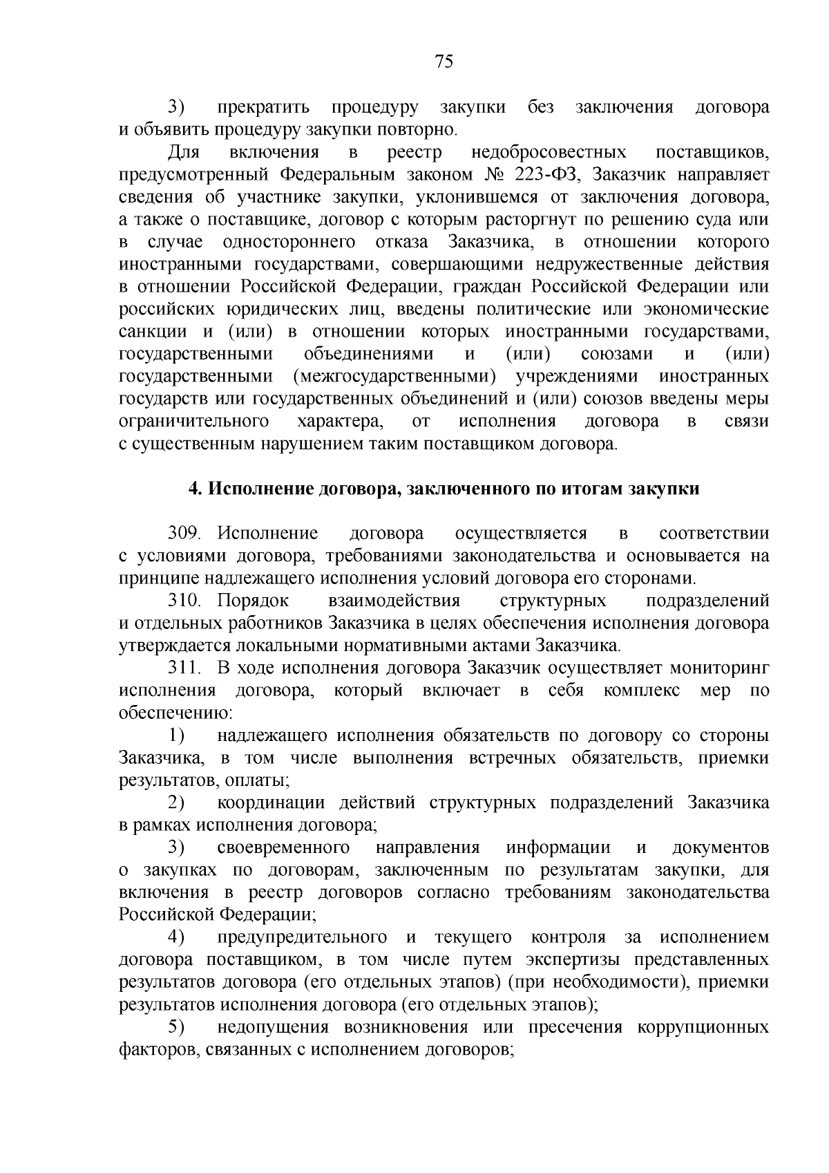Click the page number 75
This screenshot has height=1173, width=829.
444,62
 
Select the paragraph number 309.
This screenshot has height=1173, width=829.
184,534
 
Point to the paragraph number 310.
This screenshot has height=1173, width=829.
184,601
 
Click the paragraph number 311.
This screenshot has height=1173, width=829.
184,668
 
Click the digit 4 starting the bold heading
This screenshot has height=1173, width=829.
194,489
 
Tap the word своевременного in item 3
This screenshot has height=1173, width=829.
283,847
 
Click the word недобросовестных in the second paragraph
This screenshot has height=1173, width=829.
549,151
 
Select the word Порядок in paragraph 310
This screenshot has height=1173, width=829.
253,601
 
